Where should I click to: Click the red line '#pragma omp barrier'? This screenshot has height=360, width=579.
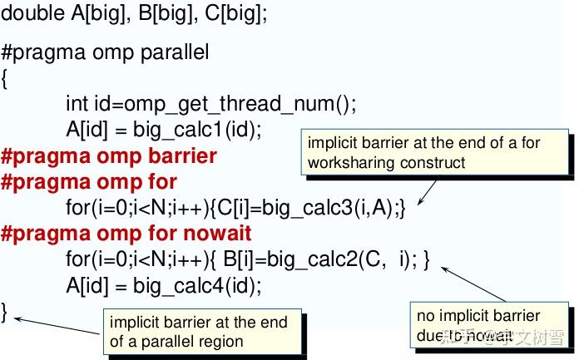tap(109, 156)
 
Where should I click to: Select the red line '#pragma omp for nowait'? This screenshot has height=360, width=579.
tap(126, 233)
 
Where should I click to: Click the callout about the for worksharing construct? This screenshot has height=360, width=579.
tap(434, 152)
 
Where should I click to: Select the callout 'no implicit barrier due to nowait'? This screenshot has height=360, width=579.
tap(490, 325)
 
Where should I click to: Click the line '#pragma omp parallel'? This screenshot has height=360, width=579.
tap(105, 53)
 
